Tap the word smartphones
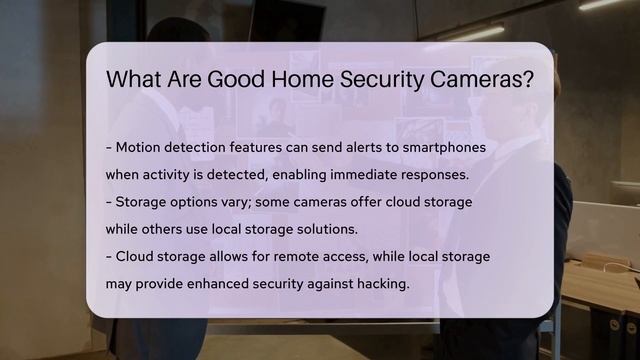(x=439, y=147)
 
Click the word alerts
(x=348, y=147)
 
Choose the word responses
(x=432, y=174)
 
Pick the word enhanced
(x=226, y=284)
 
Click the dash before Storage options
(x=109, y=202)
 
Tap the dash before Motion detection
(x=109, y=147)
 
